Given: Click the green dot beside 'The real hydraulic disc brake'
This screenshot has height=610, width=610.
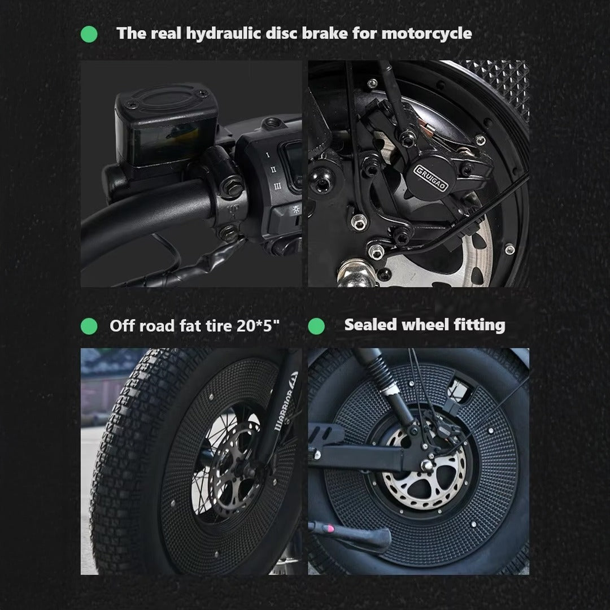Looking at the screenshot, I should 89,34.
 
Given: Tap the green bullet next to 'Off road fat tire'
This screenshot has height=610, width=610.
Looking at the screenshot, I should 89,326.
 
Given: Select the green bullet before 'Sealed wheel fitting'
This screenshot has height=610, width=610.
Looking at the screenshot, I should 316,326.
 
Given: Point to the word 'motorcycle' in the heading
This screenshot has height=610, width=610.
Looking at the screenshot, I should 427,33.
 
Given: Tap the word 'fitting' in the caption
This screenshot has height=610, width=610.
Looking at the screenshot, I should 479,325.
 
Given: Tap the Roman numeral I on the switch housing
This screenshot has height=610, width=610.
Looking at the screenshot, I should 267,153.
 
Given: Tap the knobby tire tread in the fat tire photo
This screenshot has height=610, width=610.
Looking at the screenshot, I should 124,452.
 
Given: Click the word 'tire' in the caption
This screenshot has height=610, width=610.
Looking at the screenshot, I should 213,326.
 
